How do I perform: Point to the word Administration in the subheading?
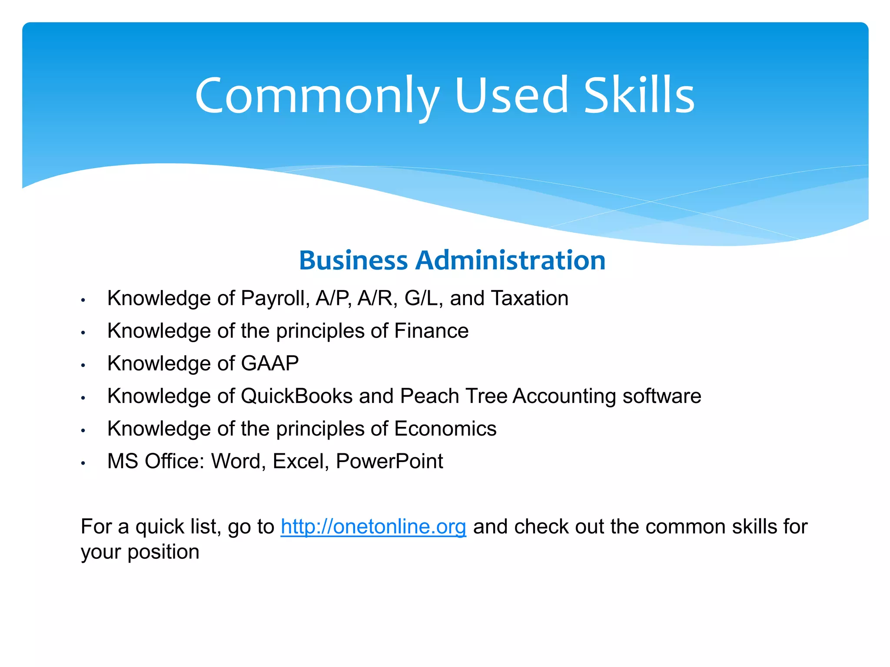point(510,261)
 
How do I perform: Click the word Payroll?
point(275,299)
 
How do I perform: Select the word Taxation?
point(529,299)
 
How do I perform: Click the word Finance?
point(431,331)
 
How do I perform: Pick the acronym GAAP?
point(269,363)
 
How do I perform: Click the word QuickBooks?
point(296,396)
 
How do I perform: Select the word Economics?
point(445,429)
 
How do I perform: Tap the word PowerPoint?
point(389,461)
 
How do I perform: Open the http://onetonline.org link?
point(373,527)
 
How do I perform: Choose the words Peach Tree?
point(453,396)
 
